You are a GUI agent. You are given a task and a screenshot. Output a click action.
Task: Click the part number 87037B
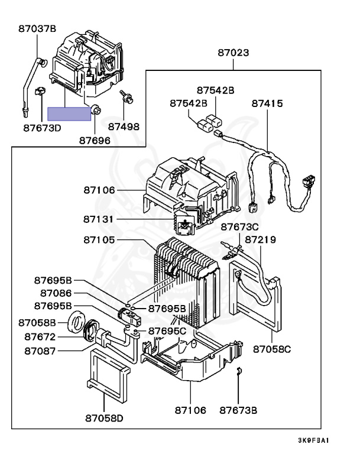point(37,28)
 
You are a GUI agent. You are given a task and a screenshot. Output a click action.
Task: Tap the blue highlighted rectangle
point(69,113)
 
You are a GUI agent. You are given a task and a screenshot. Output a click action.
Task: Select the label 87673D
point(43,128)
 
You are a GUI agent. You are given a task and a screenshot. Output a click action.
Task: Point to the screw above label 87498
point(127,98)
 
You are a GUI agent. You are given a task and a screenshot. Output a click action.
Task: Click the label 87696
point(95,141)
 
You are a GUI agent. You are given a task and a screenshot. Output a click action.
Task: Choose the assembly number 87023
point(233,53)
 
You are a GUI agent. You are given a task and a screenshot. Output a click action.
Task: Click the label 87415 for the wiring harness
point(267,103)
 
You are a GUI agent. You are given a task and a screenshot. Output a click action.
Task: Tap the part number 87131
point(99,219)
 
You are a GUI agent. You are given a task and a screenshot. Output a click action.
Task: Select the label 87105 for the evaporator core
point(99,240)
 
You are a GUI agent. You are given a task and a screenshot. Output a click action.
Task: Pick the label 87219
point(260,240)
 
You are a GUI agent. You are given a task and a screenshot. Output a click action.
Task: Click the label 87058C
point(272,349)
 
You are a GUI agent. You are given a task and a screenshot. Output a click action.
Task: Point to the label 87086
point(56,293)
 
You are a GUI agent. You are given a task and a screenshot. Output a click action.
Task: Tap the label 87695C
point(167,330)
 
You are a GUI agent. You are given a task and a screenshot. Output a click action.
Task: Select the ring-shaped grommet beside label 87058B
point(77,322)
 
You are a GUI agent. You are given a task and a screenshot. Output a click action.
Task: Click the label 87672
point(40,337)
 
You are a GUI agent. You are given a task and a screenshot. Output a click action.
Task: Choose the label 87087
point(40,351)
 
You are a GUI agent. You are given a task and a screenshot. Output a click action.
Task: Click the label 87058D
point(104,418)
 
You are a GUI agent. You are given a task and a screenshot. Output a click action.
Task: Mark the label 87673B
point(238,410)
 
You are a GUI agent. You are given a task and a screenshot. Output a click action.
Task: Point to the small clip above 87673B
point(239,371)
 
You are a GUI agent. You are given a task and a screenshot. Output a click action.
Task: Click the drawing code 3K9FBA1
point(313,440)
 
